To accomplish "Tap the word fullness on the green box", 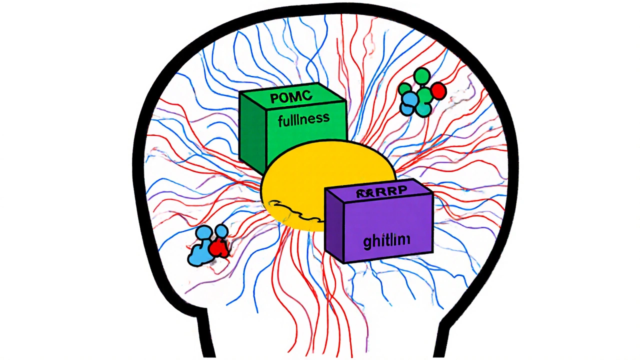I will (x=304, y=119).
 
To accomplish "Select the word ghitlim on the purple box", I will (x=386, y=241).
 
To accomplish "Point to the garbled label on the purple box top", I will (x=381, y=193).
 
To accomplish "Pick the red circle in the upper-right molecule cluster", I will (x=438, y=91).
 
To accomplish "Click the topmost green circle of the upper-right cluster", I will (x=422, y=76).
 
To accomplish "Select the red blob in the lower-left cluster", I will (x=218, y=248).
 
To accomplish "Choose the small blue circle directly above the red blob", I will (x=221, y=231).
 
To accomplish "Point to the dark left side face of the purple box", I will (x=334, y=225).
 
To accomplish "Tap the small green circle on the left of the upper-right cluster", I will (x=404, y=89).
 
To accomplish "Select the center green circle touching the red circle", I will (x=425, y=94).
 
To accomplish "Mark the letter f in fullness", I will (x=281, y=120).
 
